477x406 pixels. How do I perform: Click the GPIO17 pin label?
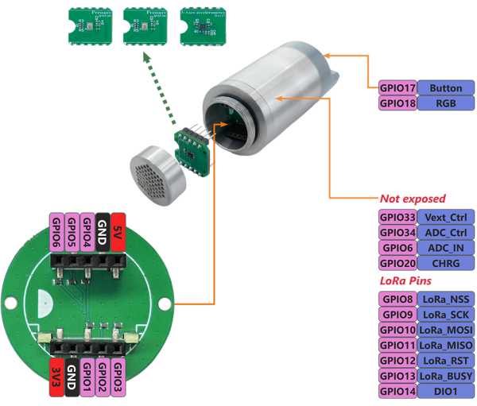397,87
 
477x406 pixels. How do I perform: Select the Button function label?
445,87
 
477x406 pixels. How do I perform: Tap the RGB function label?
445,102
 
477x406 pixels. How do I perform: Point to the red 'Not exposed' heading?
413,198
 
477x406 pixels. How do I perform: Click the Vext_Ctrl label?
445,217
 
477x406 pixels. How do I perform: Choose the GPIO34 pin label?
397,232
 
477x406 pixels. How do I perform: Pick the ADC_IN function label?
445,247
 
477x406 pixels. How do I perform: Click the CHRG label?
445,263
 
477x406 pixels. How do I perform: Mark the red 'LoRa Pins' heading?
406,281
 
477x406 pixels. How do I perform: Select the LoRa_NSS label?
445,300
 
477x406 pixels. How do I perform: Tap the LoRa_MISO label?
445,345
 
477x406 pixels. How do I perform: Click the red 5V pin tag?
118,230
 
